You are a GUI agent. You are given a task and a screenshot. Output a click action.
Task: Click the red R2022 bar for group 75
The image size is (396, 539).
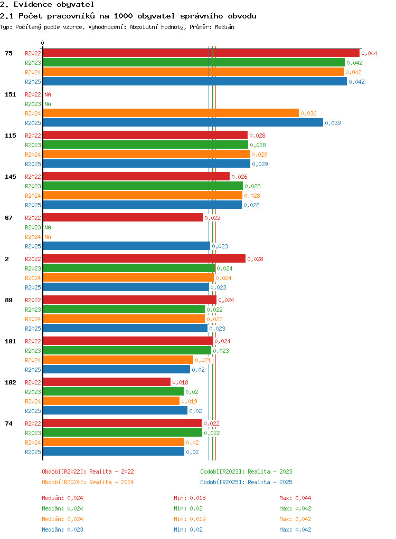click(201, 53)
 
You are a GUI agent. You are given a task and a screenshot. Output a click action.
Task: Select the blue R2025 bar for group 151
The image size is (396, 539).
click(183, 122)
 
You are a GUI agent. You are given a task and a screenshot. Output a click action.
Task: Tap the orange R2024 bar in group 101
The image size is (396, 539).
click(118, 360)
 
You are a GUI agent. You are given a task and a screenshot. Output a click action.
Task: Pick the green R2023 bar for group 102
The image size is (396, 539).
click(113, 391)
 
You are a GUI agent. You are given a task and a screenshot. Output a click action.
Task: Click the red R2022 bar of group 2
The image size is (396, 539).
click(144, 258)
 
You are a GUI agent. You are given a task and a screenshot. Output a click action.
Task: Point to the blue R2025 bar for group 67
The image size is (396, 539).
click(127, 246)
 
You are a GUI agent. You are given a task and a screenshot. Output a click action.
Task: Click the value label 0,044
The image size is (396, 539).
click(369, 53)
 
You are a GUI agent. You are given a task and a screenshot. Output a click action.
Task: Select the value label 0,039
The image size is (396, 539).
click(333, 123)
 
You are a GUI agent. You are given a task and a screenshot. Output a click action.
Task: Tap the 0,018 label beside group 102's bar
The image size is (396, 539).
click(180, 382)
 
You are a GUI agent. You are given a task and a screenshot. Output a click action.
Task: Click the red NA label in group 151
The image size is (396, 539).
click(48, 94)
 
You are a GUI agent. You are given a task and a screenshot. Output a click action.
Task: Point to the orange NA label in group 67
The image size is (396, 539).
click(48, 237)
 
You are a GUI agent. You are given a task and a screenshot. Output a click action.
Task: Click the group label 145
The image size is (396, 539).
click(11, 177)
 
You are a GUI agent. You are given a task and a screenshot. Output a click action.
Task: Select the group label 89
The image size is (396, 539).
click(8, 300)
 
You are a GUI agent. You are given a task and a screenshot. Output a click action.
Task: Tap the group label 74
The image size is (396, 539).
click(8, 423)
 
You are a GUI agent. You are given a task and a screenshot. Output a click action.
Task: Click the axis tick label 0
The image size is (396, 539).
click(42, 43)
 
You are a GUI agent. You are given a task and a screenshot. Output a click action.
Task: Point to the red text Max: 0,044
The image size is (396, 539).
click(295, 498)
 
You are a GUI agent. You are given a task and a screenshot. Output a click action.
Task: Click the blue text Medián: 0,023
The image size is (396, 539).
click(62, 530)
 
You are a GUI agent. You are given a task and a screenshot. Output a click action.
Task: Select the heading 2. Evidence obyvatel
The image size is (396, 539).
click(47, 4)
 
